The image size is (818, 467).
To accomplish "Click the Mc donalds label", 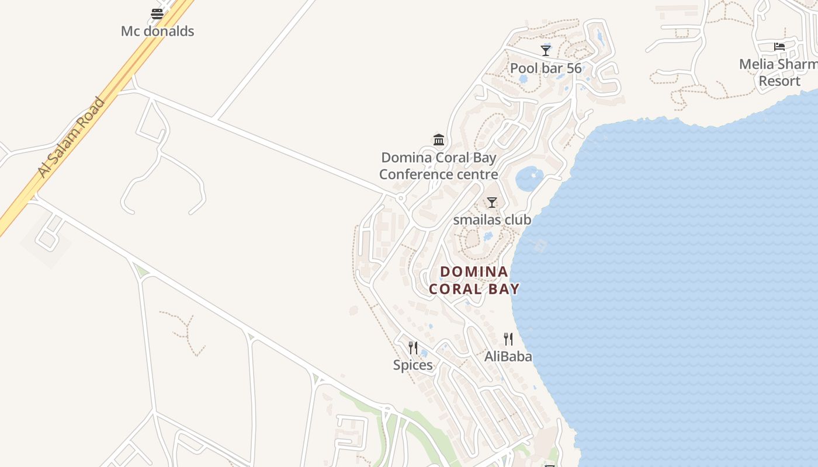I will tap(157, 31).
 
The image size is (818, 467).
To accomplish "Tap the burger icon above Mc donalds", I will tap(157, 13).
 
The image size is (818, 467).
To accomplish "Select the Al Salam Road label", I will tap(71, 137).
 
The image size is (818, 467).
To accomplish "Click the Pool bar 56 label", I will tap(546, 68).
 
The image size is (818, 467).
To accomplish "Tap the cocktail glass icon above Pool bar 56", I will tap(546, 51).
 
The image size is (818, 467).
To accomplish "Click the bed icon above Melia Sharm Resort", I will tap(779, 47).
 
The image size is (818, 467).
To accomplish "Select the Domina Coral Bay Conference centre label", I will tap(439, 166).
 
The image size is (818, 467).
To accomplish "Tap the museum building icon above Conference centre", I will tap(439, 140).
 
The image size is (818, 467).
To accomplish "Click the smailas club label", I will tap(492, 220).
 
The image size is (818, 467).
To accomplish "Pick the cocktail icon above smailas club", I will tap(492, 203).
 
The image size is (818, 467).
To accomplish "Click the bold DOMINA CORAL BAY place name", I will tap(474, 280).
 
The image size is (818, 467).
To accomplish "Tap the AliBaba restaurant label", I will tap(508, 356).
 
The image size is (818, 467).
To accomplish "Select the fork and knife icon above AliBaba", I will tap(508, 339).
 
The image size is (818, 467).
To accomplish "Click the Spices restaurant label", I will tap(413, 365).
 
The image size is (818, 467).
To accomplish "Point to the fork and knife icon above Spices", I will tap(413, 348).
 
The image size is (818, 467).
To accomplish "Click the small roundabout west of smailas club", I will tap(401, 198).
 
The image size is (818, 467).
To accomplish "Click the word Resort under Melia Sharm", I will tap(779, 81).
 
